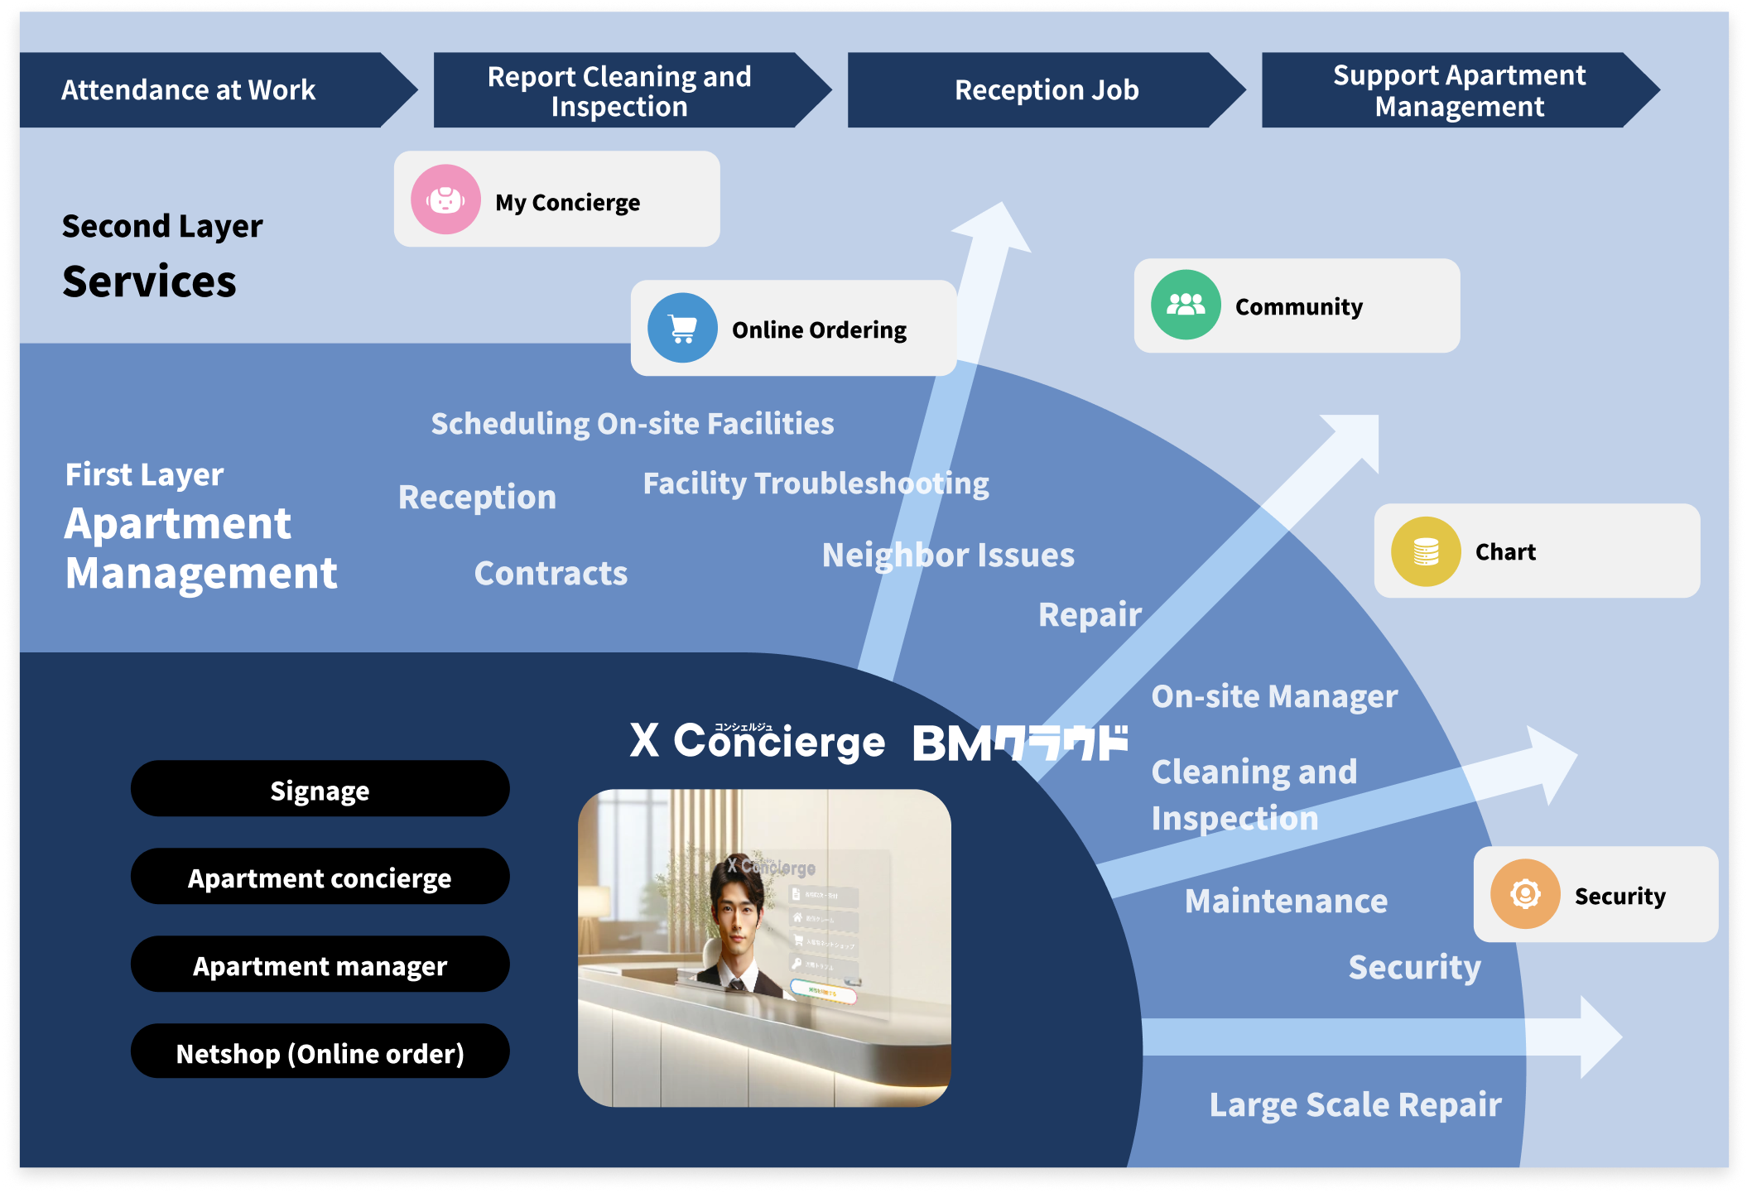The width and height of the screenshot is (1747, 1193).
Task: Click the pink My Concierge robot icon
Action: click(x=445, y=200)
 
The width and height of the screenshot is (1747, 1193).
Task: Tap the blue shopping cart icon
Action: click(x=682, y=329)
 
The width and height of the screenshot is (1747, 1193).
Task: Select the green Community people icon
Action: click(x=1186, y=305)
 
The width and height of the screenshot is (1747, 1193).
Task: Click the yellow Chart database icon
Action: click(x=1425, y=551)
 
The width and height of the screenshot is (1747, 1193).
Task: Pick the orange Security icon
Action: click(x=1525, y=894)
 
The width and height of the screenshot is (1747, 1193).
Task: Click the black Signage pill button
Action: click(x=320, y=790)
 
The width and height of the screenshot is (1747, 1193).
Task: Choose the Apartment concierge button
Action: click(x=320, y=878)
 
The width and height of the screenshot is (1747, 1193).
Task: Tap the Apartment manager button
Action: click(x=320, y=965)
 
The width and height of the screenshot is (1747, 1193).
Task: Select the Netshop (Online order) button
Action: click(x=320, y=1052)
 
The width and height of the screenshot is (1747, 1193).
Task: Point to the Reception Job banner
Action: click(x=1047, y=89)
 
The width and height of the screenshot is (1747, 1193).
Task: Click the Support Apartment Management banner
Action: click(x=1459, y=90)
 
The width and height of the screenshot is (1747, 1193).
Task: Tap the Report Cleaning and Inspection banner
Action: click(x=619, y=90)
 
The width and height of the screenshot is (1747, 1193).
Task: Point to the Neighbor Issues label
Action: click(x=948, y=555)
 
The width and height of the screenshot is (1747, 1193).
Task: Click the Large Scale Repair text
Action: click(x=1355, y=1104)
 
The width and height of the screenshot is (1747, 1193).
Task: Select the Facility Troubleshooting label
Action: click(x=816, y=483)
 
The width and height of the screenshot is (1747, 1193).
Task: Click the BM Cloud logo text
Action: click(x=1020, y=743)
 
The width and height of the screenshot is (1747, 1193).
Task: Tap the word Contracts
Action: click(x=551, y=573)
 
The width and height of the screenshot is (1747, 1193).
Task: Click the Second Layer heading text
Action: click(x=162, y=225)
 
